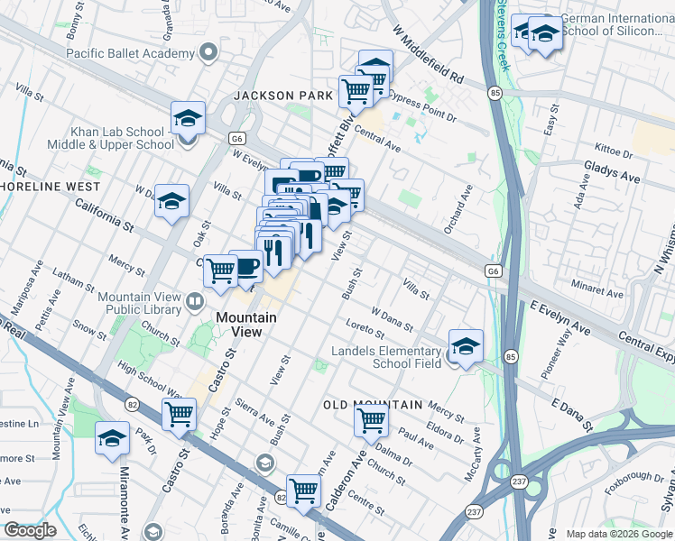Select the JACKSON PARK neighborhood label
coord(275,95)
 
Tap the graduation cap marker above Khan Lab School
coord(188,118)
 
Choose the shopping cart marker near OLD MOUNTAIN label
coord(371,419)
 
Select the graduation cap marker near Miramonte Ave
coord(112,439)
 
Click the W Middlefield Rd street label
coord(427,50)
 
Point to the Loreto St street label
coord(365,329)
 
